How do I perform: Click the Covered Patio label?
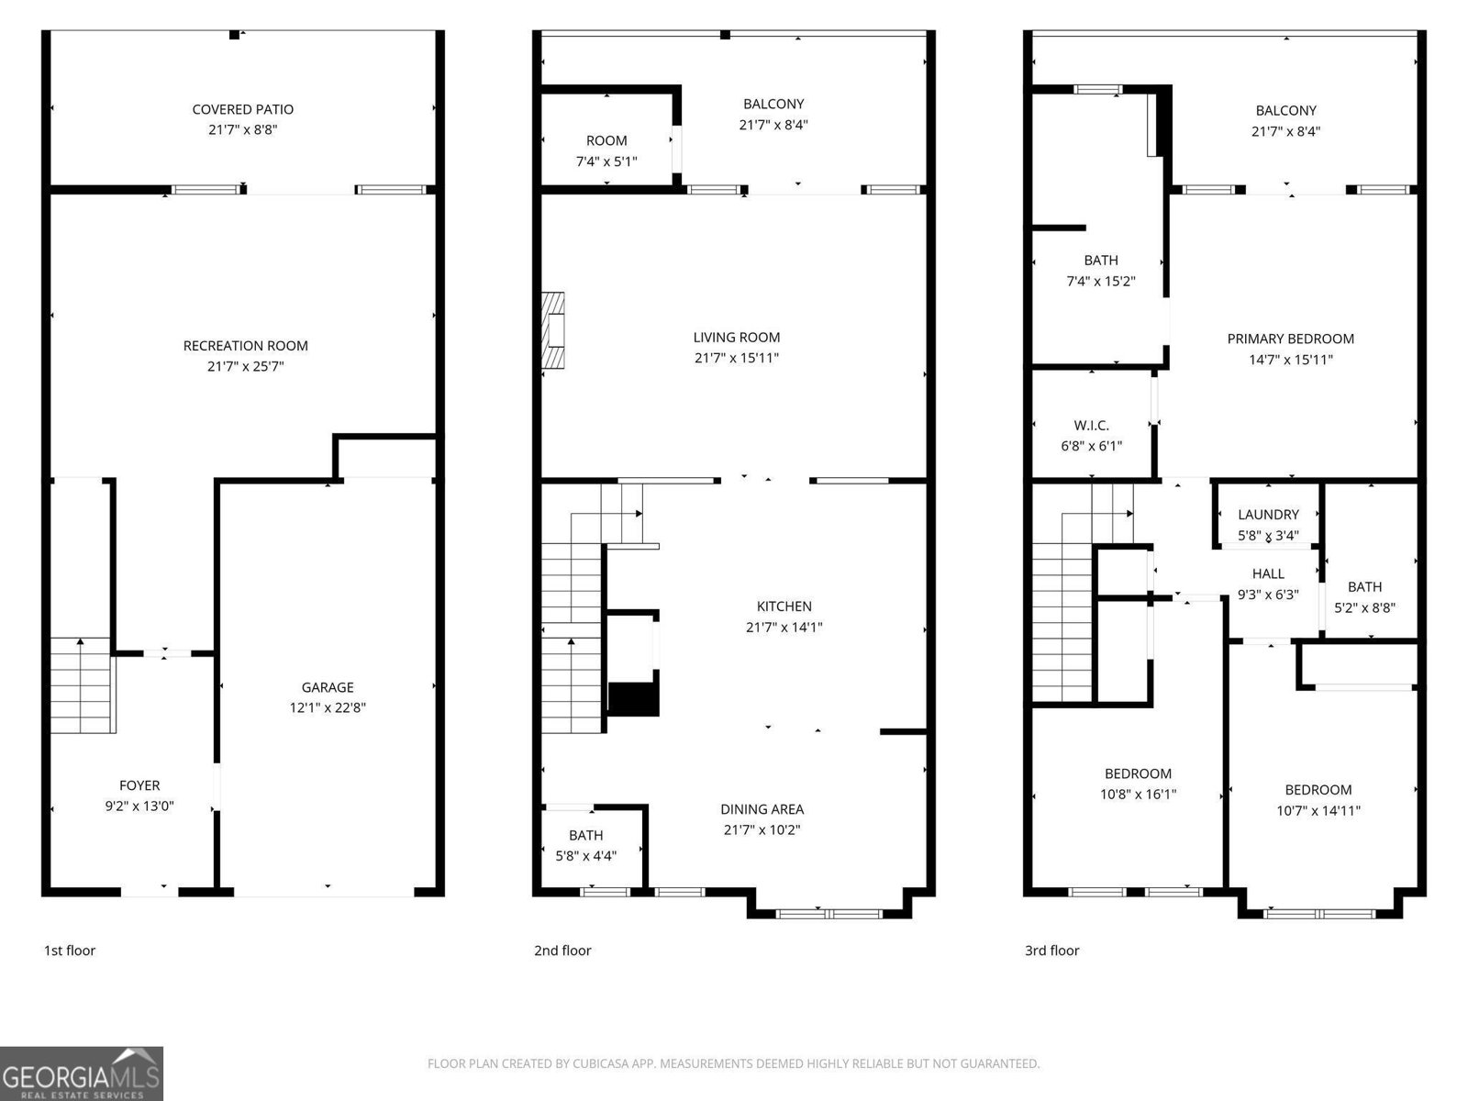pos(242,109)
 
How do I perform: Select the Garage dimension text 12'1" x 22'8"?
pos(328,707)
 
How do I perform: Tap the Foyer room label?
pos(139,785)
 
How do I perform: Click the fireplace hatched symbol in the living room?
pos(552,330)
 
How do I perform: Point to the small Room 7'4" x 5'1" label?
pos(606,140)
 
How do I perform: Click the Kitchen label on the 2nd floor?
pos(784,606)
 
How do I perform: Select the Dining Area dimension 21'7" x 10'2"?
pos(762,829)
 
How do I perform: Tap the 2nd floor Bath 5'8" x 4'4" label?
pos(585,835)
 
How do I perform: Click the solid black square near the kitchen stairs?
pos(634,699)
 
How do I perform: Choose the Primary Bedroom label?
pos(1290,339)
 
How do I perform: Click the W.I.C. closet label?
pos(1091,426)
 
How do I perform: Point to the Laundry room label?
pos(1268,515)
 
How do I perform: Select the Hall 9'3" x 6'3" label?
pos(1268,573)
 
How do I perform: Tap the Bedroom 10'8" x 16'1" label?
pos(1138,773)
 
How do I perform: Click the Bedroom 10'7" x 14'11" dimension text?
pos(1318,810)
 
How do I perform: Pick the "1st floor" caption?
pos(70,951)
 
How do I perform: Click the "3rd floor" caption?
pos(1051,951)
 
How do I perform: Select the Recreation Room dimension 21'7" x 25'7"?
pos(245,366)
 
